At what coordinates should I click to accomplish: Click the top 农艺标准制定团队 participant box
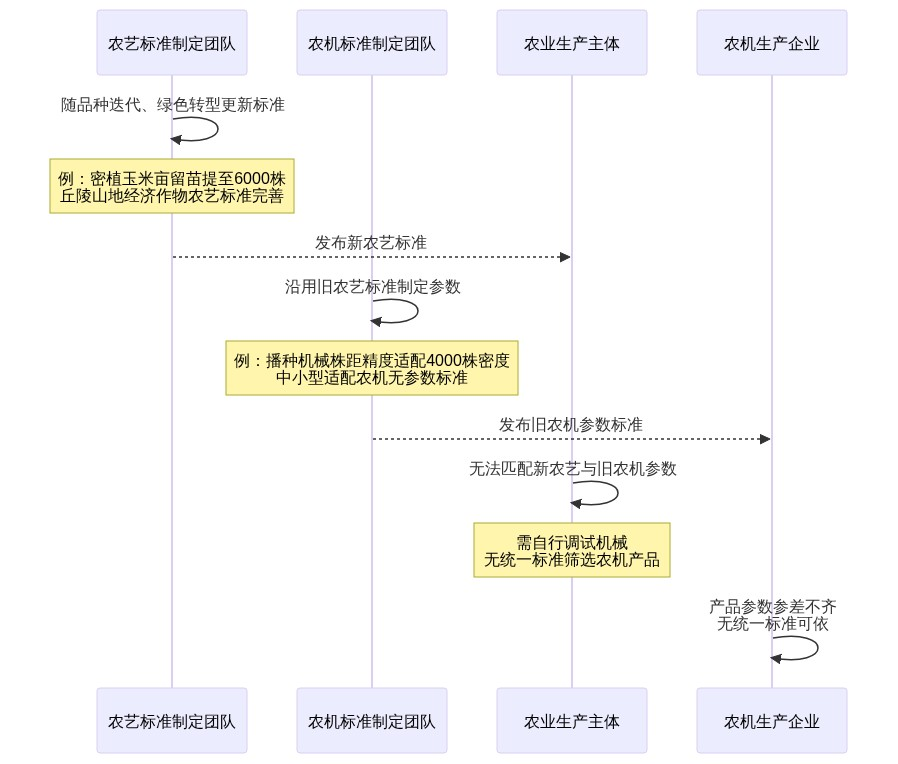[x=172, y=43]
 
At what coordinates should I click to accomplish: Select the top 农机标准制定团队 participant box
[x=372, y=43]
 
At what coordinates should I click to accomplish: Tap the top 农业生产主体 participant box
[x=572, y=43]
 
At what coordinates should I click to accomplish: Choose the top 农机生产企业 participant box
[x=772, y=43]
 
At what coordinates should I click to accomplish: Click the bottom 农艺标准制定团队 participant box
[x=172, y=720]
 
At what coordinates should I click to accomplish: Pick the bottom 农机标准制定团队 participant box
[x=372, y=720]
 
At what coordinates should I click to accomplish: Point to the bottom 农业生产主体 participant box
[x=572, y=720]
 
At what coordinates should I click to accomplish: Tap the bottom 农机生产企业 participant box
[x=772, y=720]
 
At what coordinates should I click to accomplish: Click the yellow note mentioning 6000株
[x=172, y=187]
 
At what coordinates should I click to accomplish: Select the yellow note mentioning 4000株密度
[x=372, y=369]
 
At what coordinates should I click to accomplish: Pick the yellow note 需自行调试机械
[x=572, y=551]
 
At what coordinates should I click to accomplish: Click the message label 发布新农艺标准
[x=371, y=243]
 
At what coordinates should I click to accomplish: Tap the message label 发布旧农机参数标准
[x=571, y=425]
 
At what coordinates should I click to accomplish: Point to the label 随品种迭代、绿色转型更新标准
[x=173, y=105]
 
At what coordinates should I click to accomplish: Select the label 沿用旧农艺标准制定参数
[x=373, y=287]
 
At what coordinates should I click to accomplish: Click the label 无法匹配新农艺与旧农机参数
[x=573, y=469]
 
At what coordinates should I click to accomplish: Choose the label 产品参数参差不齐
[x=773, y=607]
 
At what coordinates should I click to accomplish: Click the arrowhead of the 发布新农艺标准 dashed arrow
[x=565, y=257]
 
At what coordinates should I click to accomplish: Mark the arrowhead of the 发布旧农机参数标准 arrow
[x=765, y=439]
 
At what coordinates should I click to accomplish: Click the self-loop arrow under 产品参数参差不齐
[x=815, y=648]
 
